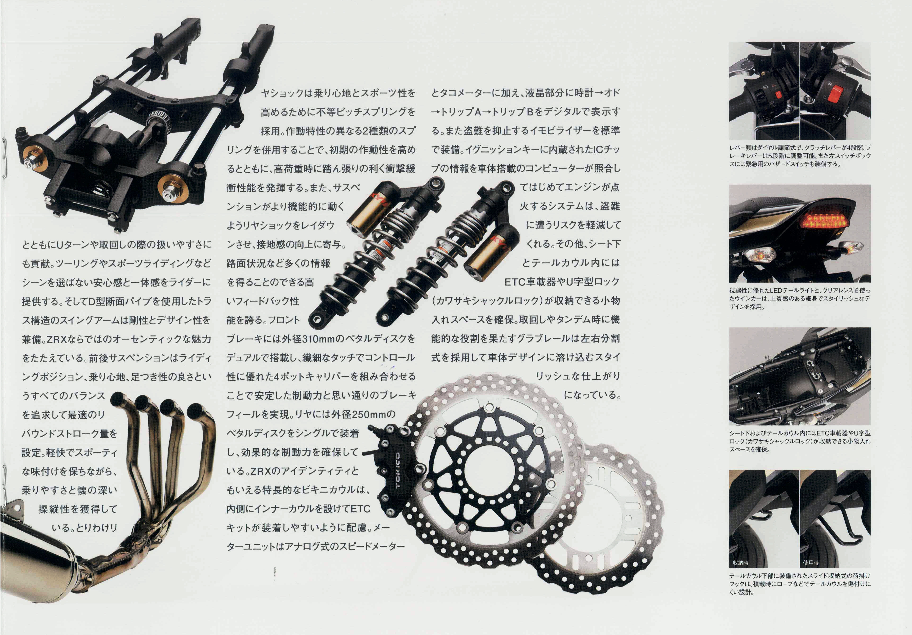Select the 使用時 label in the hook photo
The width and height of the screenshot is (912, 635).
pos(811,563)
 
